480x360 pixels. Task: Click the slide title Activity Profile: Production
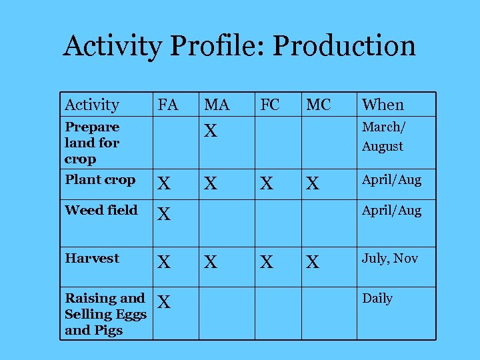pyautogui.click(x=239, y=47)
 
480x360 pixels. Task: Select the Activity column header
pyautogui.click(x=92, y=105)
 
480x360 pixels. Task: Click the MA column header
pyautogui.click(x=217, y=105)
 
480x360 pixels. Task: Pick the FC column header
pyautogui.click(x=269, y=104)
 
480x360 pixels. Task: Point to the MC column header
pyautogui.click(x=319, y=105)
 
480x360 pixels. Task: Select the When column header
pyautogui.click(x=383, y=105)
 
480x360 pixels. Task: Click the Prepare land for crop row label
pyautogui.click(x=92, y=143)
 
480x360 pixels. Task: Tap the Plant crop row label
pyautogui.click(x=100, y=180)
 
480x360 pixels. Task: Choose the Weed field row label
pyautogui.click(x=101, y=211)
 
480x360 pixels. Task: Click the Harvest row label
pyautogui.click(x=92, y=258)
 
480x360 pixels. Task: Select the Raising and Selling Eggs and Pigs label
pyautogui.click(x=105, y=314)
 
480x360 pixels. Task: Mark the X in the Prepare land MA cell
pyautogui.click(x=211, y=131)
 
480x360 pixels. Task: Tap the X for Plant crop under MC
pyautogui.click(x=312, y=183)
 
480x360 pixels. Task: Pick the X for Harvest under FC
pyautogui.click(x=267, y=262)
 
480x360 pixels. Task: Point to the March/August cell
pyautogui.click(x=383, y=136)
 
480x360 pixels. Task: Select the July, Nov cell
pyautogui.click(x=390, y=258)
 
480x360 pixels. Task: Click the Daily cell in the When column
pyautogui.click(x=377, y=298)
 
